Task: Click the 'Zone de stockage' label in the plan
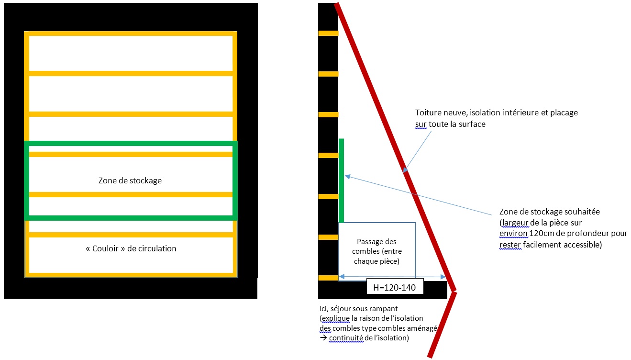tap(130, 180)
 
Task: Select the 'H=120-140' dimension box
tap(395, 287)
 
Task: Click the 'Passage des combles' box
tap(376, 251)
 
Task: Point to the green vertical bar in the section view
tap(341, 180)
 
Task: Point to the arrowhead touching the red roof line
tap(404, 169)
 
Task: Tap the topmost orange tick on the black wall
tap(328, 33)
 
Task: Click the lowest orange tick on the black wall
tap(328, 278)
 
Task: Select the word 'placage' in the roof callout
tap(563, 112)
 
